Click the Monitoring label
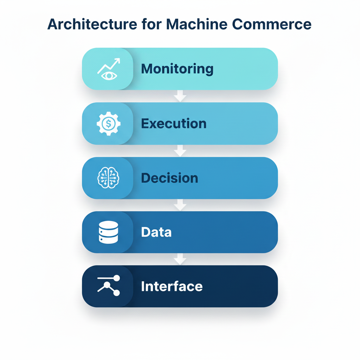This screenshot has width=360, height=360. coord(177,69)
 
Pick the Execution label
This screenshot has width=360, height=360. coord(174,123)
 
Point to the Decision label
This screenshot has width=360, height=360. coord(169,178)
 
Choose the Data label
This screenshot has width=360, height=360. coord(156,232)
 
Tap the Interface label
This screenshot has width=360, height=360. coord(172,286)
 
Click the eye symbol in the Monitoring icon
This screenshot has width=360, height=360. coord(108,75)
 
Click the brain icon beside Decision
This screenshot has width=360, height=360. coord(108,178)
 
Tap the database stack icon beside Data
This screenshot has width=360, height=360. coord(108,232)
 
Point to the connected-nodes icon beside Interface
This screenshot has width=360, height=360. coord(109,285)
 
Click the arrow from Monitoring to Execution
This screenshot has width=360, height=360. coord(180,96)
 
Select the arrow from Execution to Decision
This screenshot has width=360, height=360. coord(180,151)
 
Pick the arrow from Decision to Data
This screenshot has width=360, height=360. coord(180,205)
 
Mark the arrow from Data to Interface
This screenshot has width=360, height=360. coord(180,259)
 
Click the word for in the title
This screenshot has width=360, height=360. coord(152,24)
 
